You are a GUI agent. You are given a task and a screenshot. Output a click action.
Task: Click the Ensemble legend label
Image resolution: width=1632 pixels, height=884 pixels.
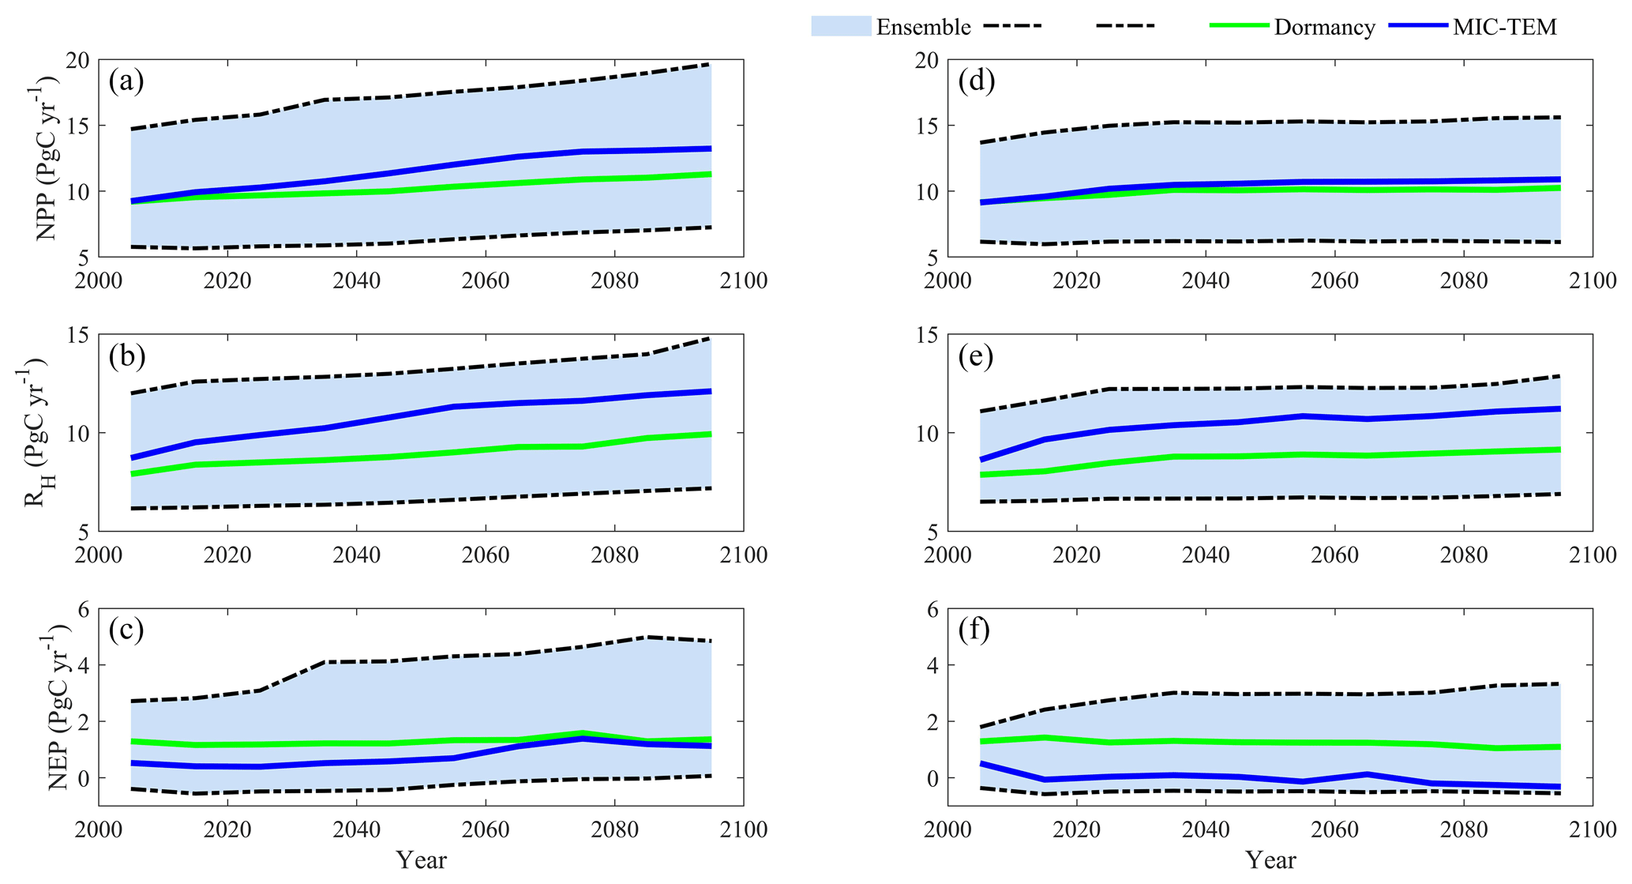(x=923, y=27)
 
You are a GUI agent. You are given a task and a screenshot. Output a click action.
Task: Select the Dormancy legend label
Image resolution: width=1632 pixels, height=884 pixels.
(x=1324, y=27)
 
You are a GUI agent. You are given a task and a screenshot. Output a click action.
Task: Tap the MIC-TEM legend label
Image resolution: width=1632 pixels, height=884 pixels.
(x=1505, y=27)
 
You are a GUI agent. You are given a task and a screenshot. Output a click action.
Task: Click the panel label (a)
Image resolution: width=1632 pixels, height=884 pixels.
(x=126, y=81)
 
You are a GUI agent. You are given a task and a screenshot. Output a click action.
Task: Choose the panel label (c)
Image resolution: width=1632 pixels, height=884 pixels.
(x=126, y=630)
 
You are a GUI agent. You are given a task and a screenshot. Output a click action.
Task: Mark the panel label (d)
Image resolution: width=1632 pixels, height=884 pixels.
(x=976, y=81)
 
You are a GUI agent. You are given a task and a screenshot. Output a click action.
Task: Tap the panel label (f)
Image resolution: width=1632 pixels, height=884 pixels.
(x=974, y=630)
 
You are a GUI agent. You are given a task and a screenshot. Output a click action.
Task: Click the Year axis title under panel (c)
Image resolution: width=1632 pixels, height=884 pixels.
(x=421, y=860)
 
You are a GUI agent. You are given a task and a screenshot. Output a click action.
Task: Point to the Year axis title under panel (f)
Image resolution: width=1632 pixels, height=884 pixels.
(x=1270, y=860)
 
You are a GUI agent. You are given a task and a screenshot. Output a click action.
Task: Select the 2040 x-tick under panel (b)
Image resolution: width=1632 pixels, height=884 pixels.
(x=356, y=555)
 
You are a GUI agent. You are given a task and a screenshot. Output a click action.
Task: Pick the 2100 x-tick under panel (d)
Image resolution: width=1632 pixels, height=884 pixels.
(x=1592, y=280)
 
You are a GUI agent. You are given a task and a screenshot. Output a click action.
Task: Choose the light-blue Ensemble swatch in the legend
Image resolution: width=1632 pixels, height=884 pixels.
(x=841, y=26)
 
